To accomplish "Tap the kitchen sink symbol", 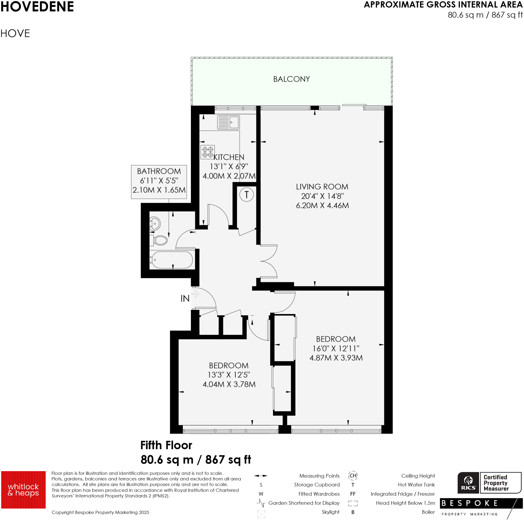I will [228, 122].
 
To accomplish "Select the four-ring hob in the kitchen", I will [208, 152].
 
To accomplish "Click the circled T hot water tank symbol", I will [246, 194].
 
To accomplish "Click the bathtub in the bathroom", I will [172, 260].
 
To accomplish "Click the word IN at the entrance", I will [185, 298].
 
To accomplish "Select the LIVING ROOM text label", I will [322, 187].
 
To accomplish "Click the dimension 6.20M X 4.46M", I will [322, 205].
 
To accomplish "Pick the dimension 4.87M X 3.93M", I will [336, 357].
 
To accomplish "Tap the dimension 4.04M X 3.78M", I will [229, 384].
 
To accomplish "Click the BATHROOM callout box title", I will [159, 171].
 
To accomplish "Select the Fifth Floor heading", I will [166, 445].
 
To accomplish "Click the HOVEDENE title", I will [37, 6].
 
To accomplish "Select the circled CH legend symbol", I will [353, 476].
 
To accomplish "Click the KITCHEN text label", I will [229, 157].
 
